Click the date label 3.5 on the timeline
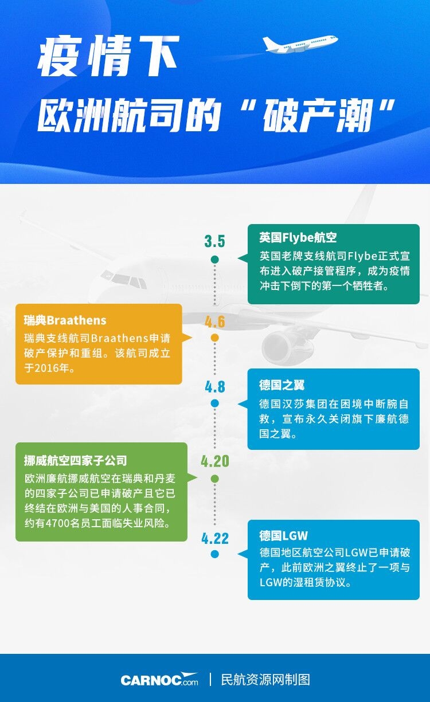tap(215, 241)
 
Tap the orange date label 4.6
tap(215, 321)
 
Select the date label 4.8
tap(215, 387)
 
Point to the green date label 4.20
tap(215, 461)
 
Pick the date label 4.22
tap(215, 539)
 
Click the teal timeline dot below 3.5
tap(215, 260)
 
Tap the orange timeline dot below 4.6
tap(215, 338)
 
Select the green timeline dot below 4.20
tap(215, 479)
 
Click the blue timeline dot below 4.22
tap(215, 554)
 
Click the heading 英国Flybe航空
tap(298, 238)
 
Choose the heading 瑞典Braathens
tap(65, 320)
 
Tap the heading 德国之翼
tap(282, 385)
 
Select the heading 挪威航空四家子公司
tap(76, 460)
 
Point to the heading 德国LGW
tap(284, 536)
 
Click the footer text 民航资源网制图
tap(265, 680)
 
